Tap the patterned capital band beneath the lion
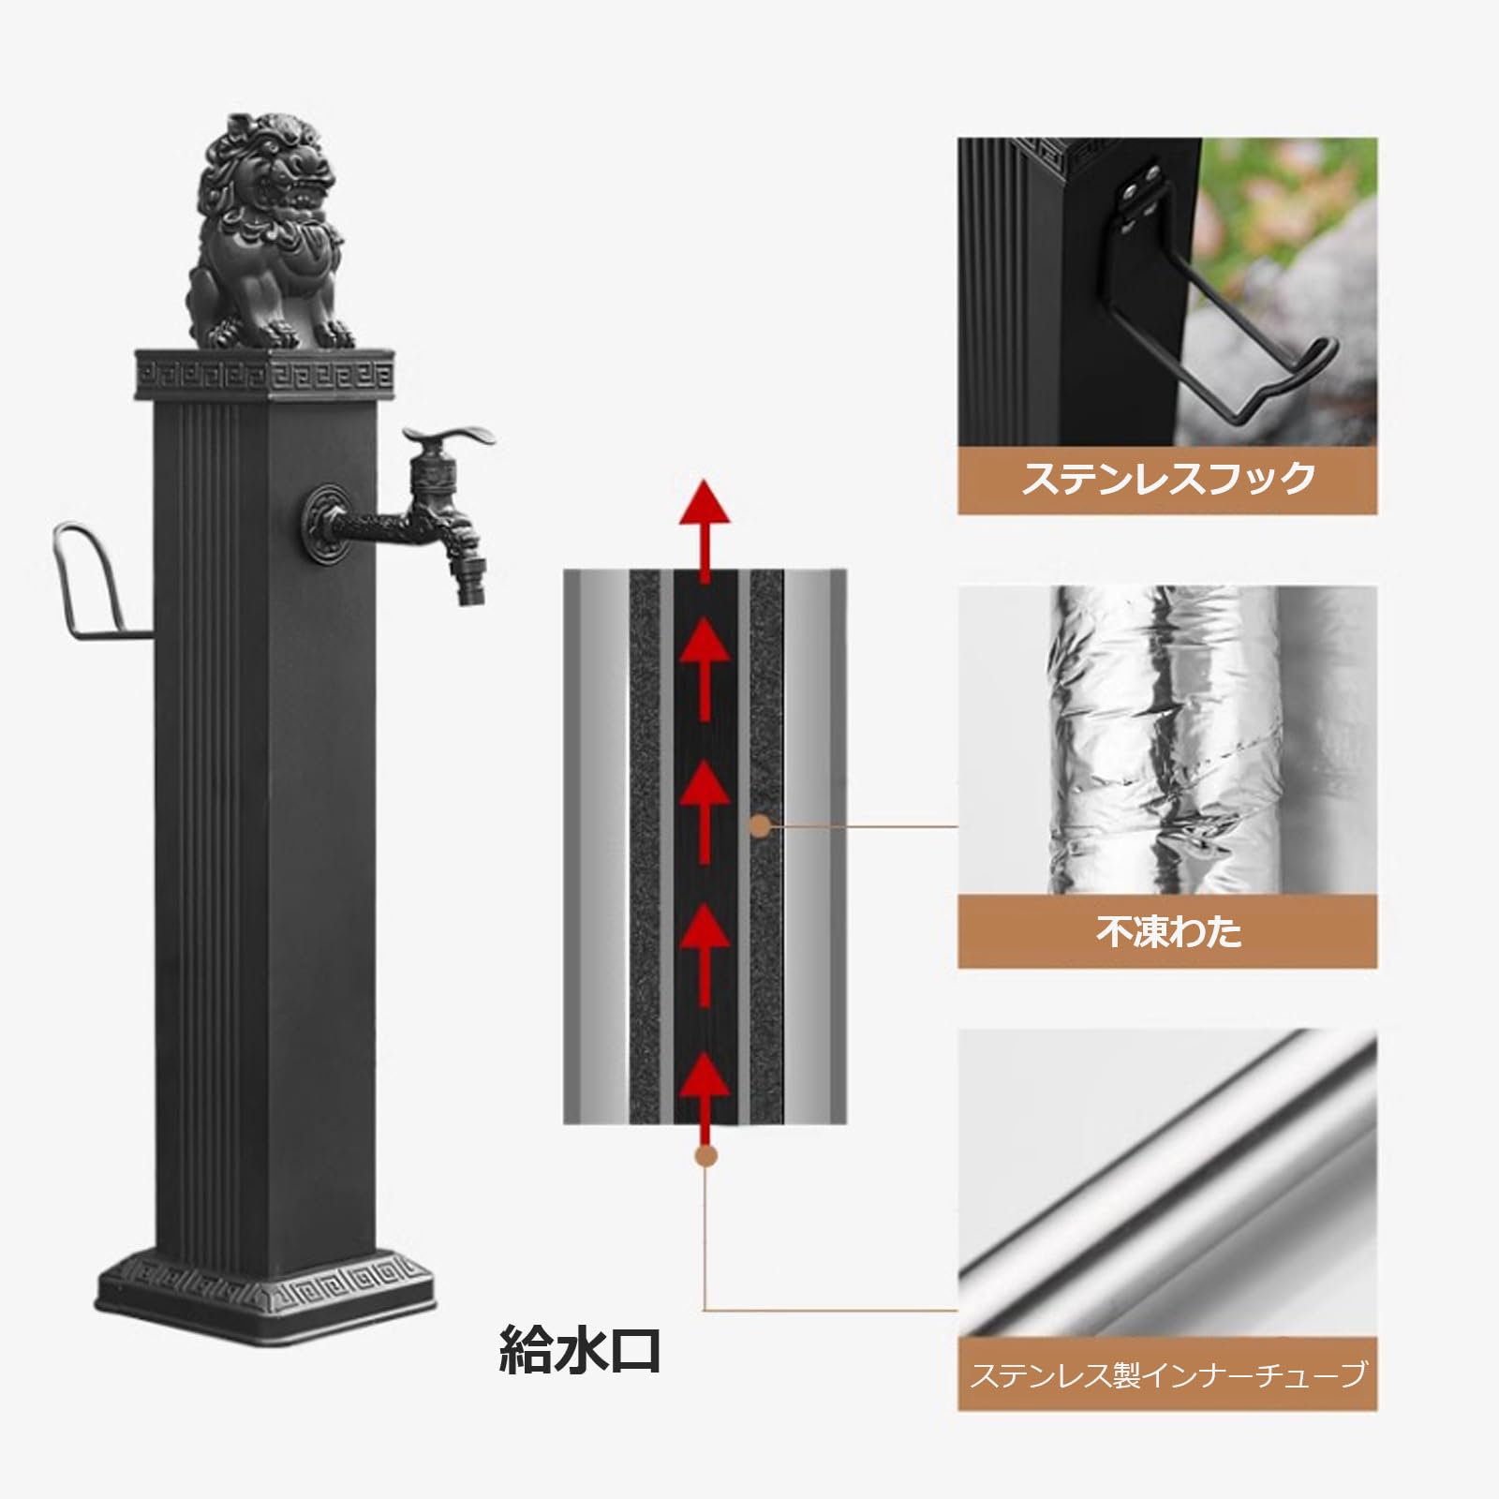[266, 375]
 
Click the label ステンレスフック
[1167, 479]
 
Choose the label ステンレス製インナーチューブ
[1167, 1375]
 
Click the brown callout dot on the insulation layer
[761, 826]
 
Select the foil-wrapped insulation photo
[1167, 740]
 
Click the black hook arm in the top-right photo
[1246, 375]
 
